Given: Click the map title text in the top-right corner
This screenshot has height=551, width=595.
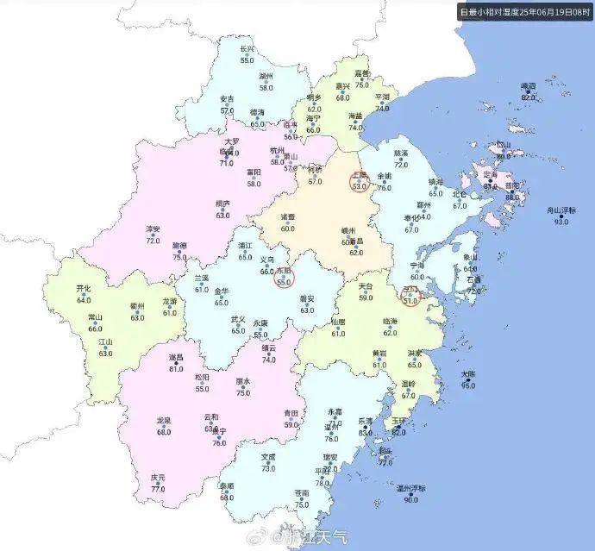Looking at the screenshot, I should [525, 11].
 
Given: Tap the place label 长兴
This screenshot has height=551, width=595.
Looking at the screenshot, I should [247, 49].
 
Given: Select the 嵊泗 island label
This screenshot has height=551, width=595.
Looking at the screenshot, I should [528, 86].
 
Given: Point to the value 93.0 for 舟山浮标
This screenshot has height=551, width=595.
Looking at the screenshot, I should [561, 222].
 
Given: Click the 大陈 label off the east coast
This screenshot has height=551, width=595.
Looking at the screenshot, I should [468, 374].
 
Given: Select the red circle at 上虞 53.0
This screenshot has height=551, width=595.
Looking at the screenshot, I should [360, 181].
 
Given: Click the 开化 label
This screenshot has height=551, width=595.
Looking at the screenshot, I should [84, 288].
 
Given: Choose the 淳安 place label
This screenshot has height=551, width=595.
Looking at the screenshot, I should [153, 229].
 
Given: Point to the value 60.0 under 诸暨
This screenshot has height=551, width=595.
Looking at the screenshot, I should [287, 229].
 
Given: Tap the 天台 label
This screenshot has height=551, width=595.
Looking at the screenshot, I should [366, 286].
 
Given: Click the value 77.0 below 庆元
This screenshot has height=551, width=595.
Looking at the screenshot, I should [158, 489].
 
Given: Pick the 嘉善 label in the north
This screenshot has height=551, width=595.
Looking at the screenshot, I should [362, 73].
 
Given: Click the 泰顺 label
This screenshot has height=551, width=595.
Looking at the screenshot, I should [226, 486].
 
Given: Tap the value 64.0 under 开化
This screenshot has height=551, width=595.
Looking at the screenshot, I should [84, 300].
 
